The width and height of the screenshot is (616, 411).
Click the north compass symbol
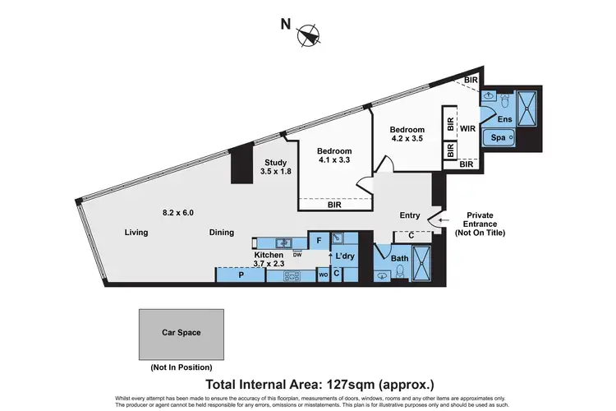tap(310, 35)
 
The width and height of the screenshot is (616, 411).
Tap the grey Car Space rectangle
tap(181, 333)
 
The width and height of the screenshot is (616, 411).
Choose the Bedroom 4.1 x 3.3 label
tap(334, 156)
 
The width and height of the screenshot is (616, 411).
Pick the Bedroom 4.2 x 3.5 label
tap(407, 135)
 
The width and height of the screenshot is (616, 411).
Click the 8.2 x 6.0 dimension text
tap(177, 213)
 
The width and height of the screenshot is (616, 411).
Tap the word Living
tap(136, 233)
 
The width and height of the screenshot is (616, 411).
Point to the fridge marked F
tap(319, 241)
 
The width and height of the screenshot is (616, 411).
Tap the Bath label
tap(399, 259)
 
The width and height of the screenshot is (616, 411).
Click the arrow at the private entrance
tap(442, 219)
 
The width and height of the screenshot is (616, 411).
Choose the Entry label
tap(409, 216)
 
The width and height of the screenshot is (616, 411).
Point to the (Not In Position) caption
tap(181, 367)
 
